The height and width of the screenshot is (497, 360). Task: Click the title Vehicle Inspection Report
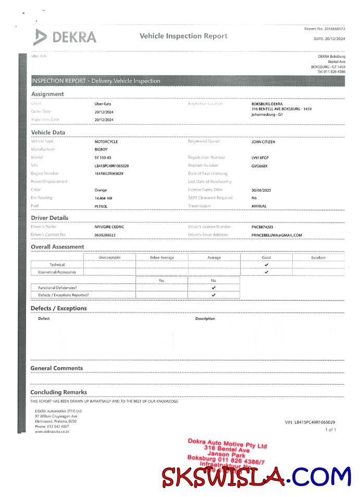click(x=183, y=36)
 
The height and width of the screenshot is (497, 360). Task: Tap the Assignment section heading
click(x=47, y=94)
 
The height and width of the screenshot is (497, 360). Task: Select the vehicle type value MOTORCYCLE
click(x=106, y=141)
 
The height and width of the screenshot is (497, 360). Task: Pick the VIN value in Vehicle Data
click(x=111, y=166)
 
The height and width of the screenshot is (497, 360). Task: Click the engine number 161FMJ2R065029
click(x=109, y=173)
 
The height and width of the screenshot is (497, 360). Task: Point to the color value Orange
click(x=101, y=190)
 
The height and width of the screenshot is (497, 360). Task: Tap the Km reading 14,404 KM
click(x=104, y=198)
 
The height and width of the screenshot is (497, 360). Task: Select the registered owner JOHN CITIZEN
click(x=263, y=141)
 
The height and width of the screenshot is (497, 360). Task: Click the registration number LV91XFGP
click(x=260, y=157)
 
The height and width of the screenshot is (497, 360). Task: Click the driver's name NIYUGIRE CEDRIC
click(x=109, y=227)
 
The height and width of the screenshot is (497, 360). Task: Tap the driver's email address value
click(x=277, y=235)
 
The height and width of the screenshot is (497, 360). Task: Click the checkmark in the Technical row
click(x=266, y=265)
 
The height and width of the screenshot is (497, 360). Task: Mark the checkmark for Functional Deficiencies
click(x=214, y=288)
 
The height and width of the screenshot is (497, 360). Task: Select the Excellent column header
click(x=318, y=257)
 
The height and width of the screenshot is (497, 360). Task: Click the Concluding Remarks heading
click(x=59, y=392)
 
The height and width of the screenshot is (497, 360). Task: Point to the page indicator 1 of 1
click(x=330, y=430)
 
